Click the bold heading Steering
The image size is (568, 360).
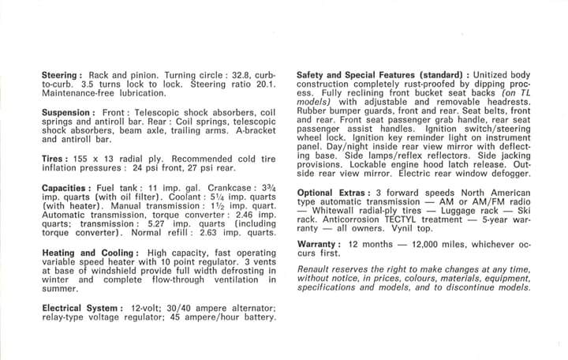[62, 74]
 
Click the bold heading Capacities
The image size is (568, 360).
[69, 187]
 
